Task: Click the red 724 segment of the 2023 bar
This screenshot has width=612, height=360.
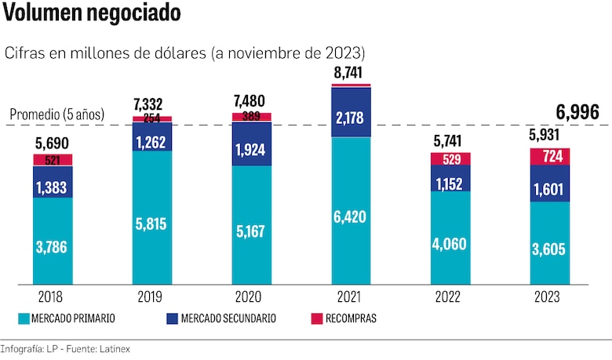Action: (x=550, y=157)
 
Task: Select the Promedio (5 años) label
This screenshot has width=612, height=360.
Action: (x=56, y=115)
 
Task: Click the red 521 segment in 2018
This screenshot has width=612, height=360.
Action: (x=53, y=160)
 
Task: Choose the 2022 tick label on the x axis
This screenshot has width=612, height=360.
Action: (x=450, y=297)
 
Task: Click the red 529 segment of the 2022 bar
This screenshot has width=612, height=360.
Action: (x=450, y=158)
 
